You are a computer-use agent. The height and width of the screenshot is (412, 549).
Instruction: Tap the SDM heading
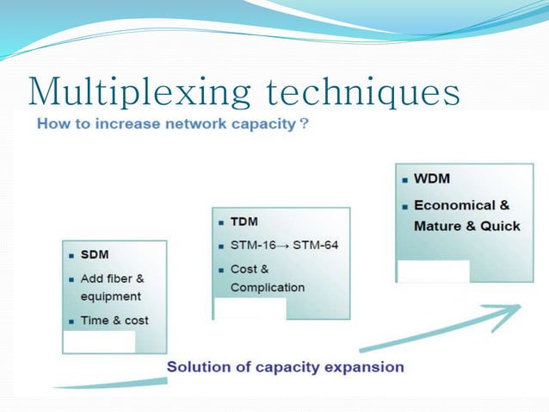click(95, 255)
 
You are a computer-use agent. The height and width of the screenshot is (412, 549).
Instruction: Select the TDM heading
click(245, 222)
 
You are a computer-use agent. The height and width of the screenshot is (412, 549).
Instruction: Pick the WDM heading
click(432, 180)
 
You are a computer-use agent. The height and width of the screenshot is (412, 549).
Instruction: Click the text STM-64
click(316, 245)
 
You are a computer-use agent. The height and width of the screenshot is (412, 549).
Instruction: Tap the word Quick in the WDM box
click(501, 226)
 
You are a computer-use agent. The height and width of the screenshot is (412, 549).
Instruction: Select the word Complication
click(268, 287)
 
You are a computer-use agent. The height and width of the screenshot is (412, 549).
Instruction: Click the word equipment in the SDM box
click(111, 296)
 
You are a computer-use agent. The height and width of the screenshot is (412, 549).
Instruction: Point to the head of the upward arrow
click(515, 309)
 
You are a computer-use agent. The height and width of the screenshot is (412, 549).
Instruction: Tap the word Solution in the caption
click(197, 366)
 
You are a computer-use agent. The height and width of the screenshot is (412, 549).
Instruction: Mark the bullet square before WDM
click(405, 181)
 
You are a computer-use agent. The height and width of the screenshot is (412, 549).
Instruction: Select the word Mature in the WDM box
click(437, 226)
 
